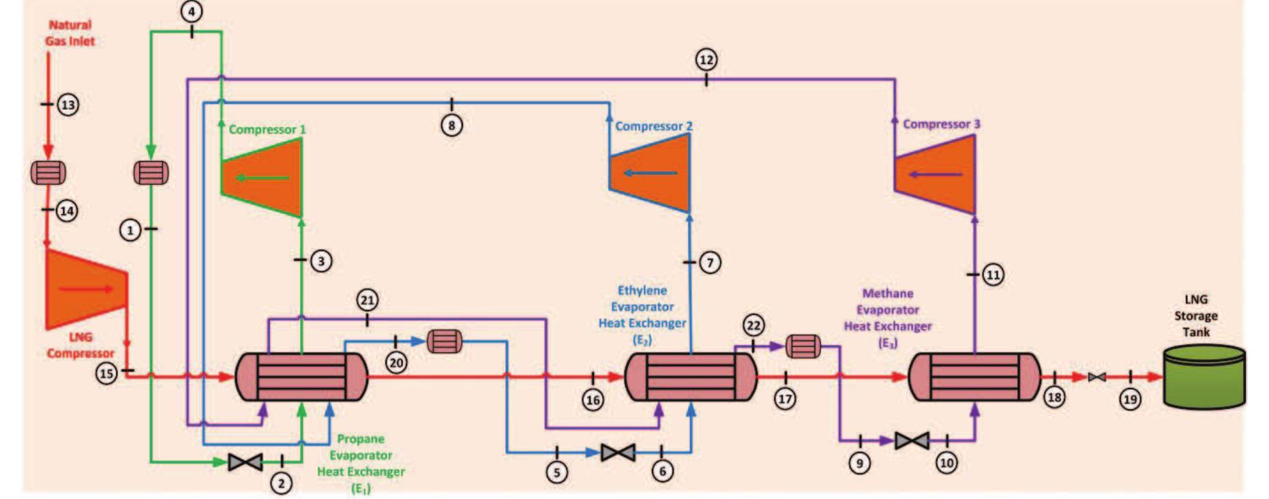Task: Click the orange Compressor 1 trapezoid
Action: (263, 178)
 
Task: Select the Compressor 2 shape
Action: (651, 173)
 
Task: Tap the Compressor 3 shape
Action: (936, 175)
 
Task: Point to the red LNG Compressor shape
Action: (86, 289)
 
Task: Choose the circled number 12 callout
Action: (706, 60)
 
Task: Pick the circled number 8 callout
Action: (451, 125)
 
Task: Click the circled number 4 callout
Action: (192, 12)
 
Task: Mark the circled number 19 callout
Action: (1130, 399)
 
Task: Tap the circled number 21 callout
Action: (367, 300)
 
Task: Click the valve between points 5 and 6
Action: (618, 452)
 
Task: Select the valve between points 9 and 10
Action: (912, 441)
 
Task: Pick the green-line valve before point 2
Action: (245, 462)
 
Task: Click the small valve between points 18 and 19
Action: (1096, 377)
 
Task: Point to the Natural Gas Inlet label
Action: (70, 33)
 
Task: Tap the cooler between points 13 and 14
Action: (48, 172)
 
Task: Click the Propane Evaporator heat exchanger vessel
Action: (301, 376)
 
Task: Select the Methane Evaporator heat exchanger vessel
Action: (974, 376)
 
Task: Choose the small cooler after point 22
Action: (803, 346)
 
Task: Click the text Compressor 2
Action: (653, 126)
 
